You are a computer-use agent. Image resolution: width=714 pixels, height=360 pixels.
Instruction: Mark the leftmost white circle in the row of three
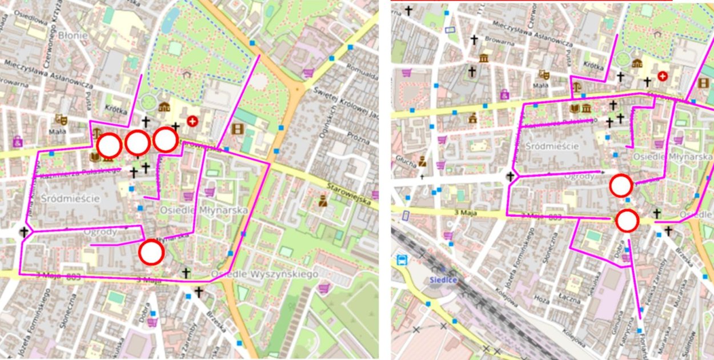point(109,146)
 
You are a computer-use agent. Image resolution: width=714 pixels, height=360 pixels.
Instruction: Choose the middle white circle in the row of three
point(138,143)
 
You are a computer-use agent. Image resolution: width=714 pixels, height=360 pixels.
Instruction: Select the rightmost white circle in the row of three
point(166,140)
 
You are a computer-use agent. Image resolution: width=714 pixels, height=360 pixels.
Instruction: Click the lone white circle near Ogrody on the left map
point(151,252)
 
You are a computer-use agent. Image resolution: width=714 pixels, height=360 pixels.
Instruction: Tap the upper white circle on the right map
point(621,186)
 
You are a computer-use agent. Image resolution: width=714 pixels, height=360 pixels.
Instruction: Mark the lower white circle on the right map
point(627,221)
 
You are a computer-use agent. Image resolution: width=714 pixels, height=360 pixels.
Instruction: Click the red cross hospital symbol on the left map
point(192,121)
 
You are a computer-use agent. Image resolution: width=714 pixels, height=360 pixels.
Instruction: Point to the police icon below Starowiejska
point(323,201)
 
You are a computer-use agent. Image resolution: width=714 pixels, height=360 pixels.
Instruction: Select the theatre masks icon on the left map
point(59,119)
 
